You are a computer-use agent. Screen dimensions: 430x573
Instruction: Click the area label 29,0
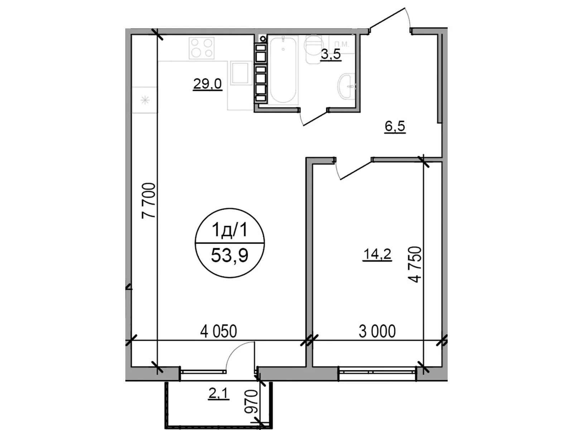(207, 84)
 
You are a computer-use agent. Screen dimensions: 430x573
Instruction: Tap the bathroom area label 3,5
(330, 55)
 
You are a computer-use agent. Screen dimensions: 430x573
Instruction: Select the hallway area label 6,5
(395, 126)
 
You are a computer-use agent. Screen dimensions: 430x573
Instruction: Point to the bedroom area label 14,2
(377, 255)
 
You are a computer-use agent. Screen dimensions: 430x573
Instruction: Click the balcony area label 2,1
(218, 394)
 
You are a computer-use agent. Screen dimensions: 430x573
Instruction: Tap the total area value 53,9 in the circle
(230, 256)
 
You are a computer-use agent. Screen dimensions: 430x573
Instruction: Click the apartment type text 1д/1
(230, 230)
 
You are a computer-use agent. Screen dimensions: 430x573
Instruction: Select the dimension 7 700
(149, 201)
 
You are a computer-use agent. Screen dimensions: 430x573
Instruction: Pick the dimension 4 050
(218, 331)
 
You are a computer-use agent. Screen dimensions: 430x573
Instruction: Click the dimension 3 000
(377, 331)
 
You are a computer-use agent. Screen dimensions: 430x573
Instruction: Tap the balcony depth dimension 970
(252, 402)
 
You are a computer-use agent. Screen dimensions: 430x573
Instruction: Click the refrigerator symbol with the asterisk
(145, 100)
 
